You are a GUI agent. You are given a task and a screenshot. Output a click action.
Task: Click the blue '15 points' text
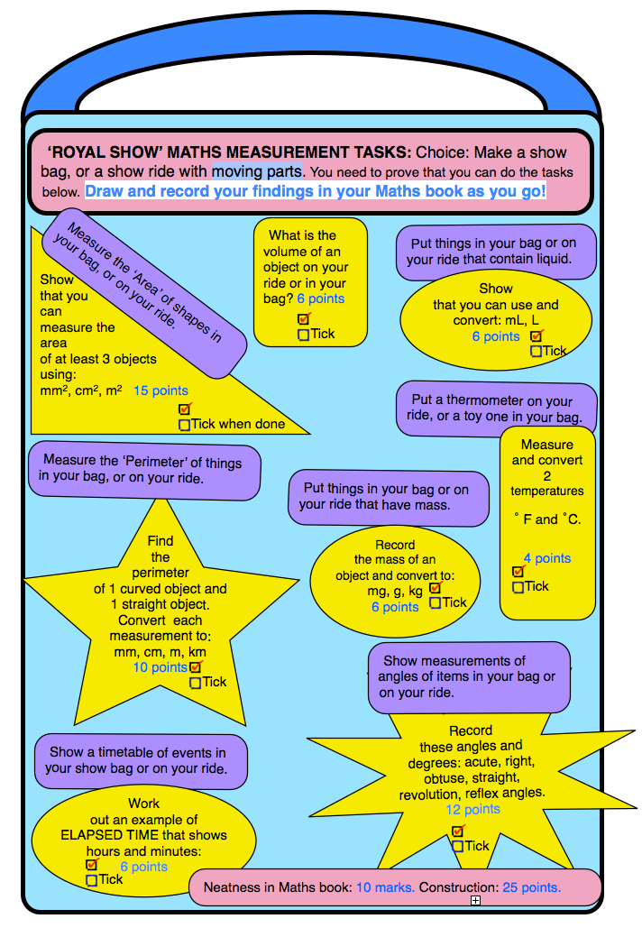coord(160,390)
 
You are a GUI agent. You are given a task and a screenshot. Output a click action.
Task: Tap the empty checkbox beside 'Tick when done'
coord(185,425)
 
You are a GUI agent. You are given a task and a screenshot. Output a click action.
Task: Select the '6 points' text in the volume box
coord(321,299)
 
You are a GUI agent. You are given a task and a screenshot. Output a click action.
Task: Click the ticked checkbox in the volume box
coord(304,318)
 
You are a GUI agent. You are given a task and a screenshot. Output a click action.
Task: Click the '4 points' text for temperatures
coord(547,558)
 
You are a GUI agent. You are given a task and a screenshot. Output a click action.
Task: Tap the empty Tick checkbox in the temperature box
coord(518,587)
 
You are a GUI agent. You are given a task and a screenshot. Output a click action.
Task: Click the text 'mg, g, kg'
coord(395,591)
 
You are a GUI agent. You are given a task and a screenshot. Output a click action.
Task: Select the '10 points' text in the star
coord(160,667)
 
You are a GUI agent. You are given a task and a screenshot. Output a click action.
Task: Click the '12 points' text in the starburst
coord(473,809)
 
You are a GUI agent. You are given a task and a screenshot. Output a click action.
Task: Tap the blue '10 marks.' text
coord(386,887)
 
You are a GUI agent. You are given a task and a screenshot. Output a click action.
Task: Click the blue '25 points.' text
coord(531,887)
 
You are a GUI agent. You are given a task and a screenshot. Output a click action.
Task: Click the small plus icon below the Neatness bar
coord(475,900)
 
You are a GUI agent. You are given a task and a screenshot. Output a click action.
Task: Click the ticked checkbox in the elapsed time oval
coord(91,864)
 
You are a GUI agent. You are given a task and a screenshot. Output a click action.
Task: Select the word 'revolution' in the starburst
coord(430,794)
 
